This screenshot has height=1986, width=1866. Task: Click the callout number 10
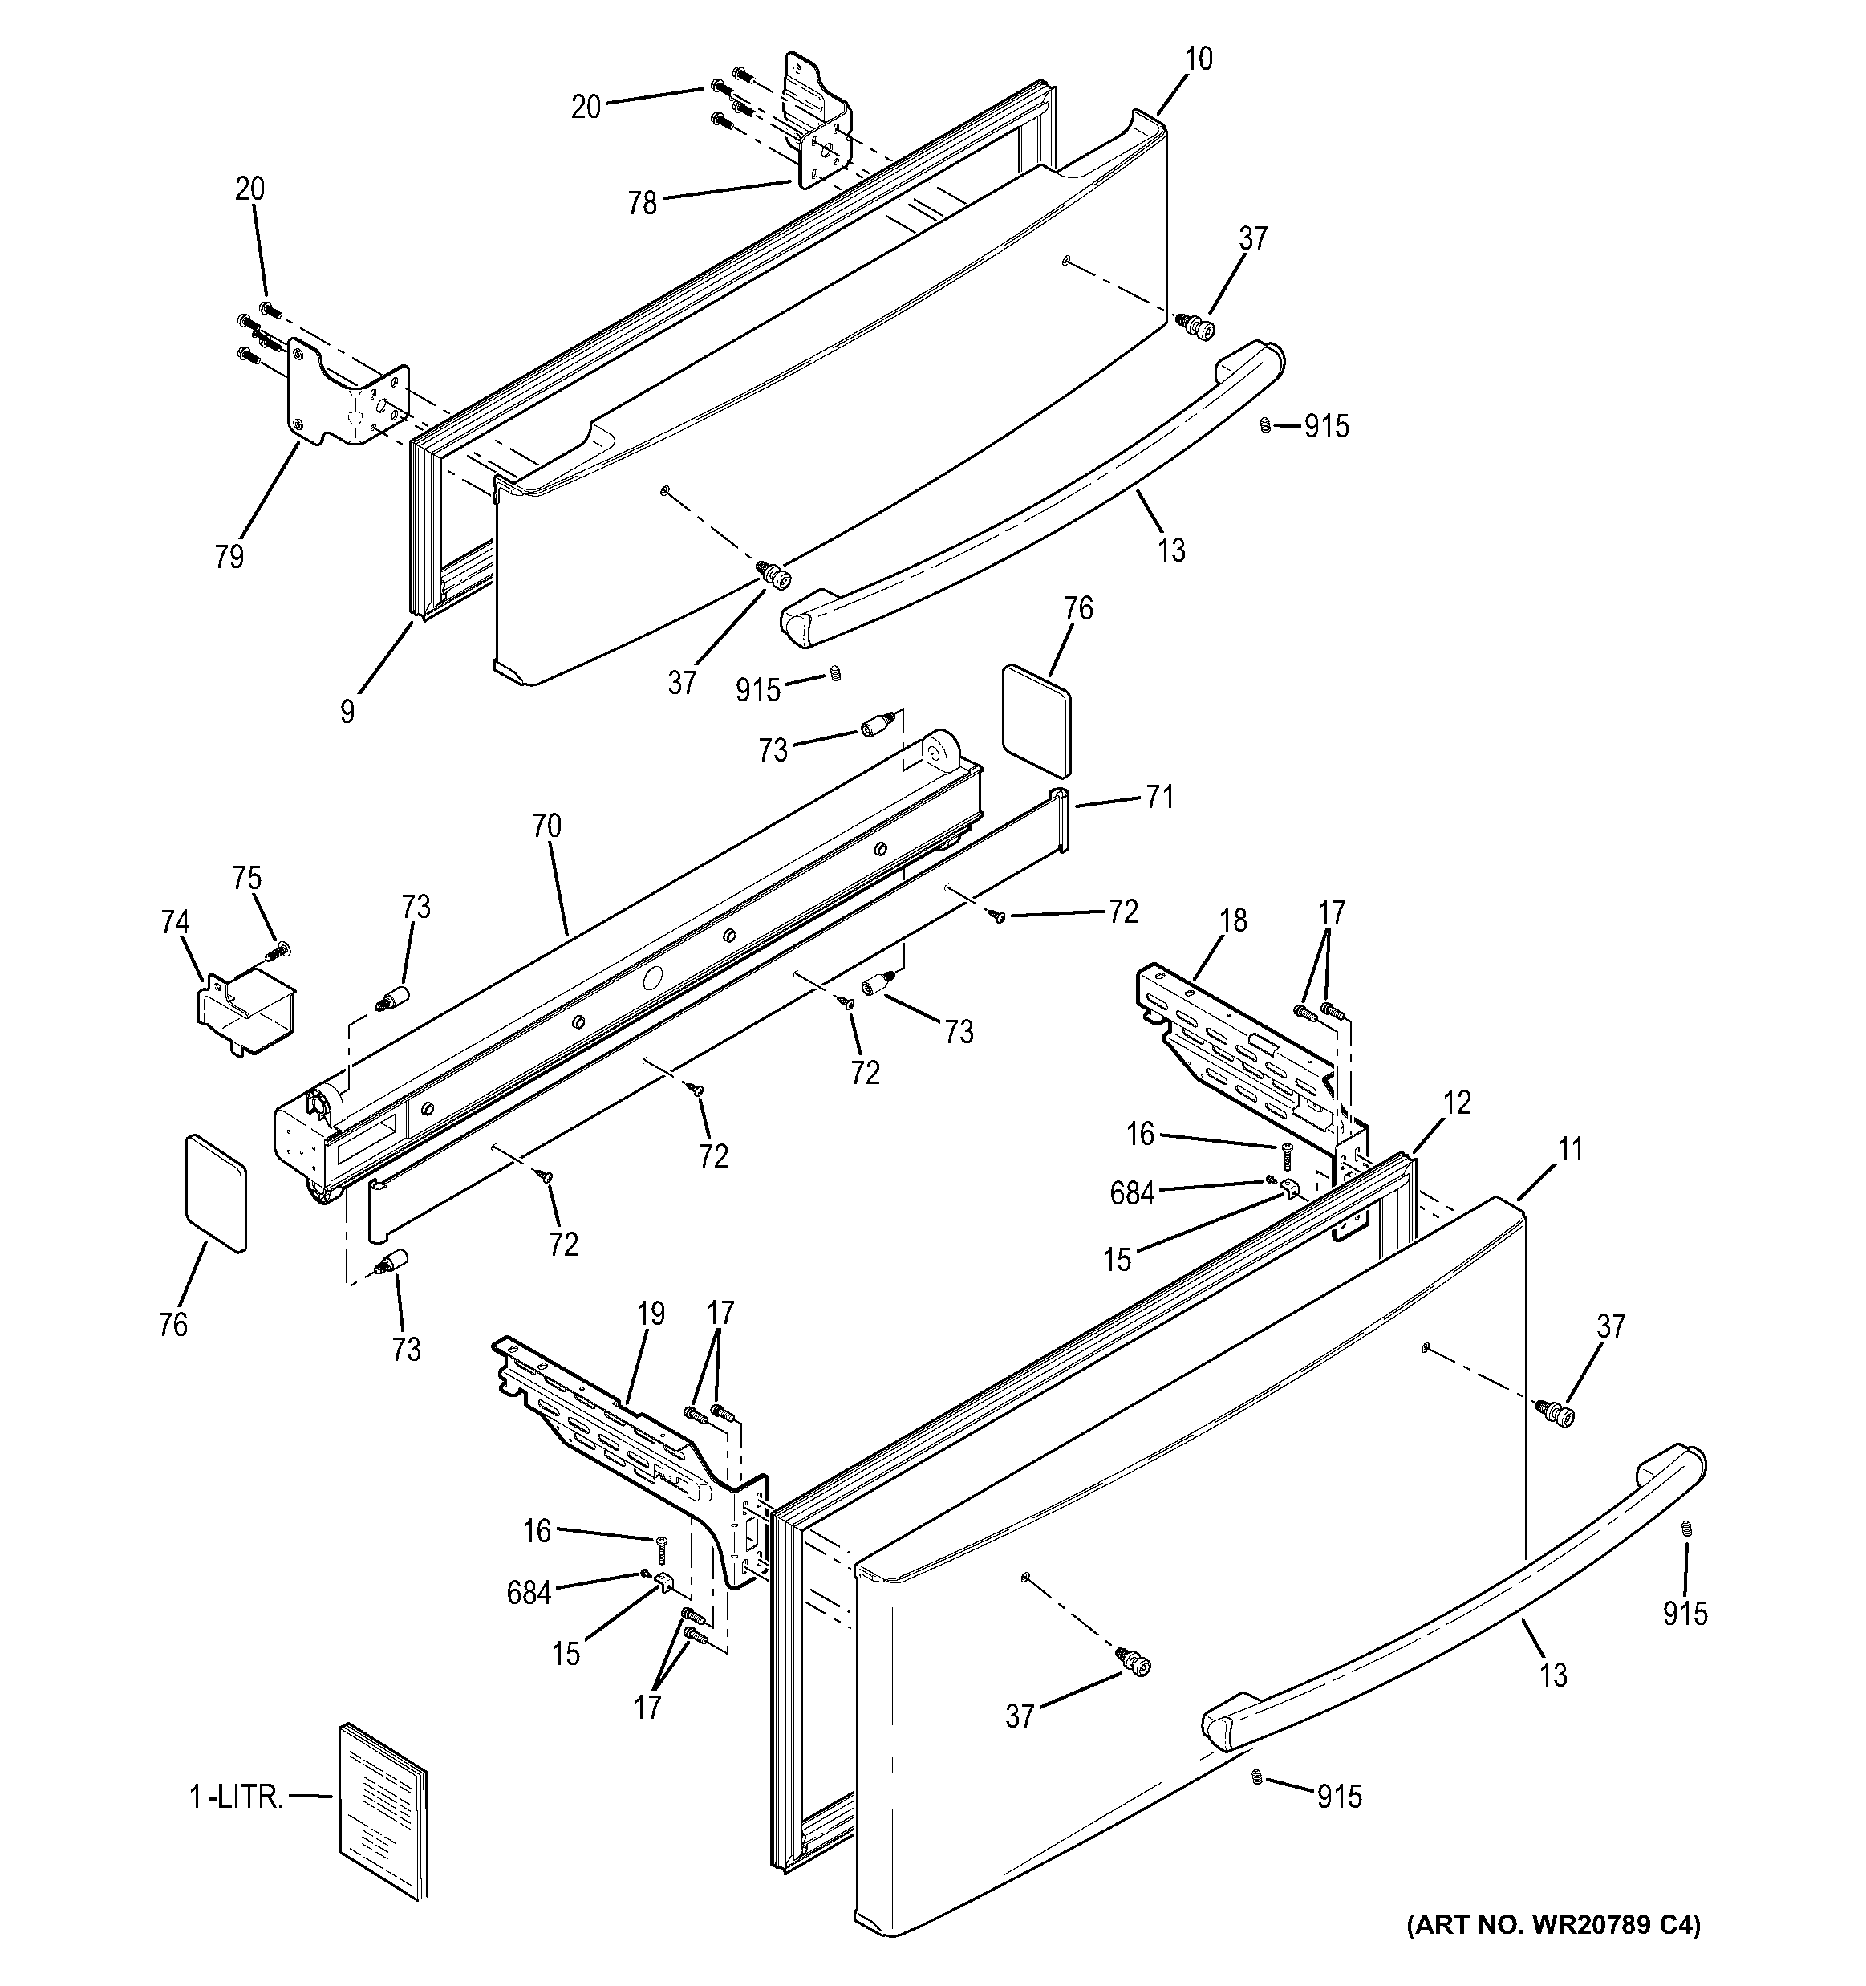point(1199,59)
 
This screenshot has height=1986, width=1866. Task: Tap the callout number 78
point(643,203)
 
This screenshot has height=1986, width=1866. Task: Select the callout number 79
point(229,556)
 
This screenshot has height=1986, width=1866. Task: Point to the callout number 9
point(347,711)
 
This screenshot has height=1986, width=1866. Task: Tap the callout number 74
point(175,921)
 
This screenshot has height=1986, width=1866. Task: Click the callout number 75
point(247,878)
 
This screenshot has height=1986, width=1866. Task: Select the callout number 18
point(1234,920)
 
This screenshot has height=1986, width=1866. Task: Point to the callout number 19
point(651,1313)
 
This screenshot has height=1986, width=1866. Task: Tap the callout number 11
point(1570,1150)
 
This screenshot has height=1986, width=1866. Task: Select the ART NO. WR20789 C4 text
point(1552,1952)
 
